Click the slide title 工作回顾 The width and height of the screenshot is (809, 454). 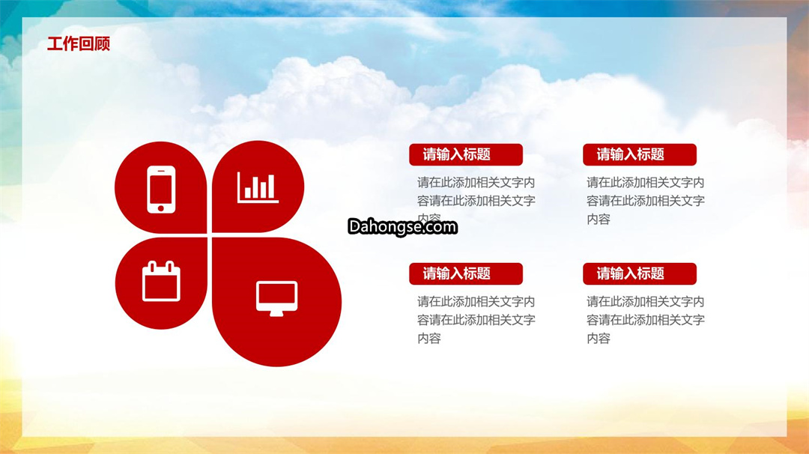pos(79,44)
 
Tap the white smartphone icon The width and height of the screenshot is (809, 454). pos(161,190)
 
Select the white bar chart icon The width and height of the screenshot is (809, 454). pos(258,187)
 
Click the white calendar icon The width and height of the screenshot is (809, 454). pos(161,281)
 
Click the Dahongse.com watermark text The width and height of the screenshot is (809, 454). pos(402,227)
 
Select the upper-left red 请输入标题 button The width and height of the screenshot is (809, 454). pos(466,155)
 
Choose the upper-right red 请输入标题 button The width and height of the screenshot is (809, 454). pos(640,155)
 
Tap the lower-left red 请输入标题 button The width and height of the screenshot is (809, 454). pos(466,274)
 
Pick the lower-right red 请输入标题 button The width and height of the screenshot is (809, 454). pos(640,274)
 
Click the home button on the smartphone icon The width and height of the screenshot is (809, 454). pos(161,208)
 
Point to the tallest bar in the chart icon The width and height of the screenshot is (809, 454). pos(271,187)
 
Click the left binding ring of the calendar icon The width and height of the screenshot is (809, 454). pos(151,267)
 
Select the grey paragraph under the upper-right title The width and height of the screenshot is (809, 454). pos(646,201)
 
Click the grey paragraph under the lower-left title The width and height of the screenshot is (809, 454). pos(476,320)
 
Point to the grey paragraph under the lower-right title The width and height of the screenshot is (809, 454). pos(646,320)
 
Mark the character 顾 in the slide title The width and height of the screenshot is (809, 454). pos(103,44)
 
